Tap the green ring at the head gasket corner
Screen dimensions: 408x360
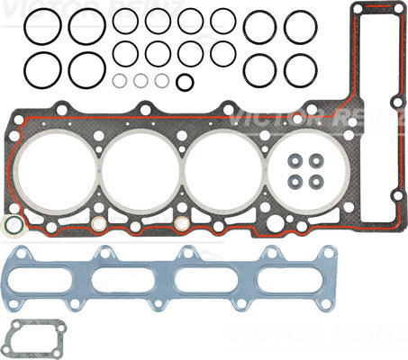click(x=6, y=223)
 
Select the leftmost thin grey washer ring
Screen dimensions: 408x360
click(x=113, y=81)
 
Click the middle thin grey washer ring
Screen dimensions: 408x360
click(x=135, y=81)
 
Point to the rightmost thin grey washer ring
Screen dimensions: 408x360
click(x=156, y=81)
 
